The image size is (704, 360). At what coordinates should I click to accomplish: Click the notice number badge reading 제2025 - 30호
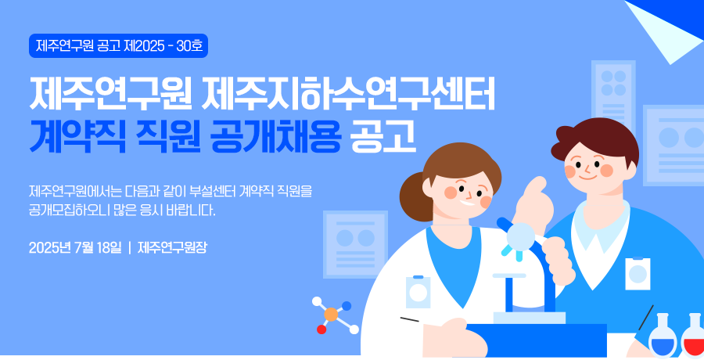(x=119, y=46)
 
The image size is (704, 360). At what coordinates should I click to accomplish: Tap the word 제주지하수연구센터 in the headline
(x=348, y=95)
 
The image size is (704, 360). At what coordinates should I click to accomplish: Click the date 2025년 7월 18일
(x=75, y=247)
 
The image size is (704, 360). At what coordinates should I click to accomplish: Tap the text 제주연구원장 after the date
(x=172, y=247)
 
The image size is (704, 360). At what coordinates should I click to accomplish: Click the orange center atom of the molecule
(x=331, y=314)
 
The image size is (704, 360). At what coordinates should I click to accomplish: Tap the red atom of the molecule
(x=321, y=329)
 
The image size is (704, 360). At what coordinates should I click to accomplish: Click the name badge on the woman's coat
(x=418, y=292)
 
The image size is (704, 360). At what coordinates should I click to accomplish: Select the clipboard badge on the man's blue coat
(x=638, y=273)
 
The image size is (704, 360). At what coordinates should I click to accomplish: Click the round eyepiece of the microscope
(x=521, y=235)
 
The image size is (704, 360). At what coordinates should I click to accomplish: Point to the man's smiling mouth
(x=587, y=177)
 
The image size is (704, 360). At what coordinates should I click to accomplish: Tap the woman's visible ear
(x=427, y=186)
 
